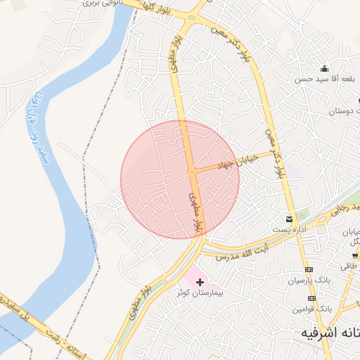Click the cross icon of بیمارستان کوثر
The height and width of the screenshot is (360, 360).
pos(200,281)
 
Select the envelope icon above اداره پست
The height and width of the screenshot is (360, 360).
pos(289,219)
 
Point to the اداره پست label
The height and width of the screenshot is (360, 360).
pos(289,229)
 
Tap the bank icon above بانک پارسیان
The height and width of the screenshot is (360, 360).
pos(309,270)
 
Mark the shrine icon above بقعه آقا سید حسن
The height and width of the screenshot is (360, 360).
pos(323,68)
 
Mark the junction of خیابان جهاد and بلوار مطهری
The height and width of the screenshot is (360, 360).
pos(192,170)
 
